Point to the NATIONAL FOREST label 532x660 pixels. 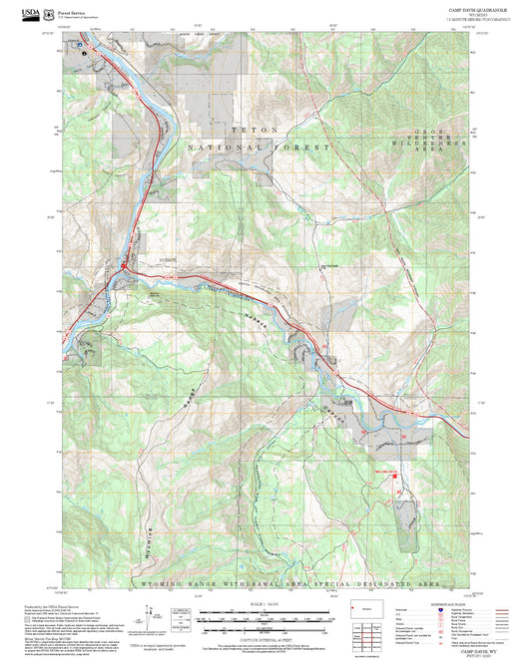[x=259, y=147]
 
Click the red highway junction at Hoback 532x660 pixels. [x=122, y=265]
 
